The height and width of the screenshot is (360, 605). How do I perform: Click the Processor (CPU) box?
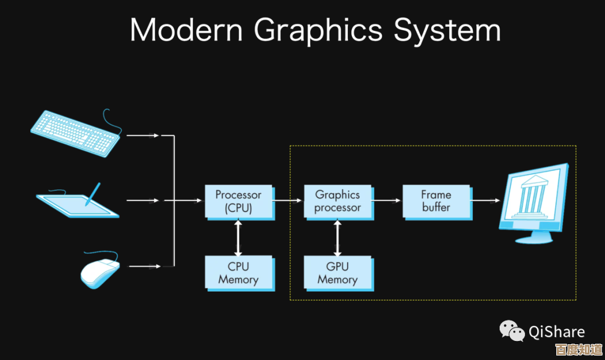(x=239, y=202)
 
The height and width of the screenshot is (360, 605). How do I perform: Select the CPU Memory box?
(x=239, y=273)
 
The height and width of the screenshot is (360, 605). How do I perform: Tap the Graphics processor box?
(x=337, y=202)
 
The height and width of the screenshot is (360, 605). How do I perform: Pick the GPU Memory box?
(x=337, y=273)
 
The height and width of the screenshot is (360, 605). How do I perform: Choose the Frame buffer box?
(x=436, y=202)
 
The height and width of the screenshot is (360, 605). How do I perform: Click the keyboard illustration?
(x=75, y=132)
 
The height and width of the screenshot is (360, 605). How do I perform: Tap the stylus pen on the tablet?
(x=93, y=194)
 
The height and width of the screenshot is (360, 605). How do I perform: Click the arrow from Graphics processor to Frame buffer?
(x=387, y=200)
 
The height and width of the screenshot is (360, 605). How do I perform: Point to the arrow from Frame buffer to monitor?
(x=485, y=200)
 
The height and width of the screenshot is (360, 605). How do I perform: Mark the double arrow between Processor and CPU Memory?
(x=239, y=237)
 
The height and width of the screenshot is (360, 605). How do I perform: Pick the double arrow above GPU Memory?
(x=337, y=237)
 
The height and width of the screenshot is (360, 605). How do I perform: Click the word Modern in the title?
(x=188, y=30)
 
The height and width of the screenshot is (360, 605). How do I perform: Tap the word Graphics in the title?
(x=318, y=31)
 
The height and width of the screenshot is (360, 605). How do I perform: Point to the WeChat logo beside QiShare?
(x=512, y=330)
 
